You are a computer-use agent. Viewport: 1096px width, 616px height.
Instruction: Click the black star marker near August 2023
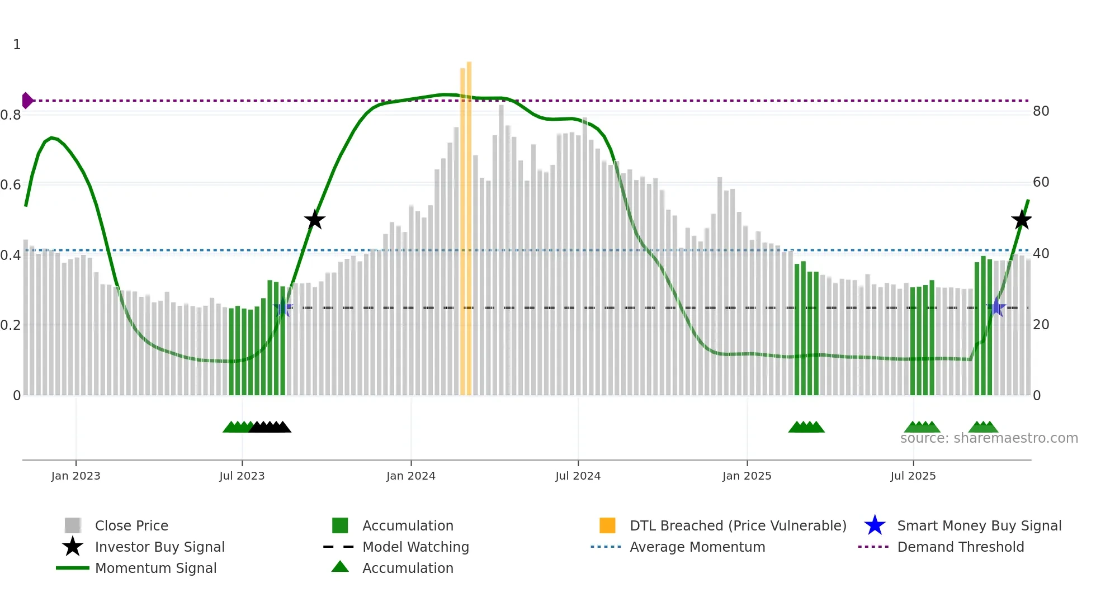[315, 220]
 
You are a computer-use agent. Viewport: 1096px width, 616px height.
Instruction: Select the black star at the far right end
[1022, 220]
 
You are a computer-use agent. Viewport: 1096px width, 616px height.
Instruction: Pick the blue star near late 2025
[996, 307]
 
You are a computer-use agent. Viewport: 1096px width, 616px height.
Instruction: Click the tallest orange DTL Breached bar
[469, 224]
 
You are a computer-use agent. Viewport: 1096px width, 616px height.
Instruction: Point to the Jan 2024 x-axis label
[410, 476]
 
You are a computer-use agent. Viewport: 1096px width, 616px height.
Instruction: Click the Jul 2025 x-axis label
[913, 476]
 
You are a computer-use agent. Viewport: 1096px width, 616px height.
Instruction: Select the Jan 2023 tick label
[75, 476]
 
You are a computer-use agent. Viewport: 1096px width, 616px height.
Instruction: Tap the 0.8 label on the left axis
[11, 115]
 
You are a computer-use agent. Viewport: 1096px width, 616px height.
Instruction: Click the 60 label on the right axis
[1041, 182]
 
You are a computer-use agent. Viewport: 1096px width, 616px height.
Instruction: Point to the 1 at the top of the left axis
[17, 45]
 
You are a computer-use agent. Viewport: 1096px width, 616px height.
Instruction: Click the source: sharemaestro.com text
[989, 438]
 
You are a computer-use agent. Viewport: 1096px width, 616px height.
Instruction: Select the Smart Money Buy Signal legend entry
[979, 525]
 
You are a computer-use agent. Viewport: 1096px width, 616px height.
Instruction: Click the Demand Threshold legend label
[960, 547]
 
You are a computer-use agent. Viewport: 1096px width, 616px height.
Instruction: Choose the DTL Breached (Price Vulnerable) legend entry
[738, 525]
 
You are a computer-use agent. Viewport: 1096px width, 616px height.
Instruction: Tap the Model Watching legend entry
[415, 547]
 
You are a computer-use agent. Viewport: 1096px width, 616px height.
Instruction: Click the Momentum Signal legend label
[155, 568]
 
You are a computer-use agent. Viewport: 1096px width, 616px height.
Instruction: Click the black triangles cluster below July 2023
[270, 427]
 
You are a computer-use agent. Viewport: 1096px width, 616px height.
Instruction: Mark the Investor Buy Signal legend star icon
[73, 547]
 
